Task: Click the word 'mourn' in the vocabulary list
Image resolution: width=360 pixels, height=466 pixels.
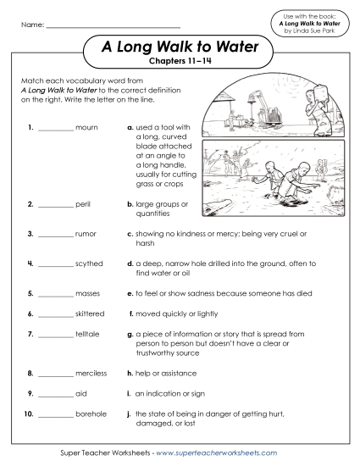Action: point(87,129)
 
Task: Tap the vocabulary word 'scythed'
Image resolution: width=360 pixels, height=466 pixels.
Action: point(90,264)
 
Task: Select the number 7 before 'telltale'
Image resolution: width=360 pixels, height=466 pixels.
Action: point(30,334)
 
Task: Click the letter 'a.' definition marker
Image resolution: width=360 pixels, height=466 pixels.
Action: point(130,129)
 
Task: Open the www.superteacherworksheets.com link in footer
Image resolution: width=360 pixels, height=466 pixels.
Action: point(216,454)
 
